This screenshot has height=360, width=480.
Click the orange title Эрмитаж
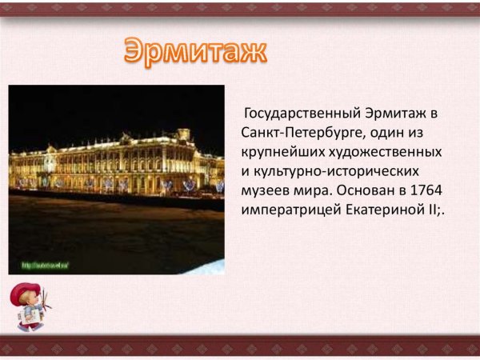click(194, 53)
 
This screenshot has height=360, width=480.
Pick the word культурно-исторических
click(334, 171)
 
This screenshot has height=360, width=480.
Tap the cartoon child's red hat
click(28, 288)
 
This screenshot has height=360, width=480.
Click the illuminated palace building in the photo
click(120, 164)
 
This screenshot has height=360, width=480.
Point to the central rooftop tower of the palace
click(184, 134)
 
